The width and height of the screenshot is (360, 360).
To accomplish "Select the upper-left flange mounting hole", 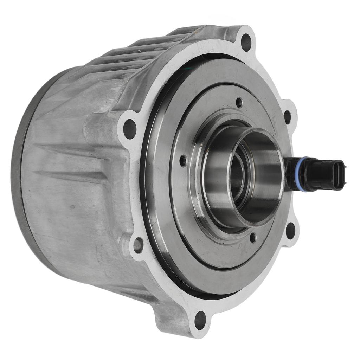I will coord(130,129).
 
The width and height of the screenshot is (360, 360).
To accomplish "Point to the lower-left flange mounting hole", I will coord(138,245).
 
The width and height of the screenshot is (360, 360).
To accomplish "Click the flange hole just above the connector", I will coord(287,117).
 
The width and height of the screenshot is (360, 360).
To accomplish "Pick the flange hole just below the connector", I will coord(290,231).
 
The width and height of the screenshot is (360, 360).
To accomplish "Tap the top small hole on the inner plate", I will coord(239,103).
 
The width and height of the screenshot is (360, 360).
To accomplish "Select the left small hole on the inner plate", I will coord(183,161).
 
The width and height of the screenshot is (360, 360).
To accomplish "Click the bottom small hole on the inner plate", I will coord(252,238).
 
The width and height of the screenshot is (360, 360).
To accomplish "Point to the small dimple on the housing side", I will coord(72,206).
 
